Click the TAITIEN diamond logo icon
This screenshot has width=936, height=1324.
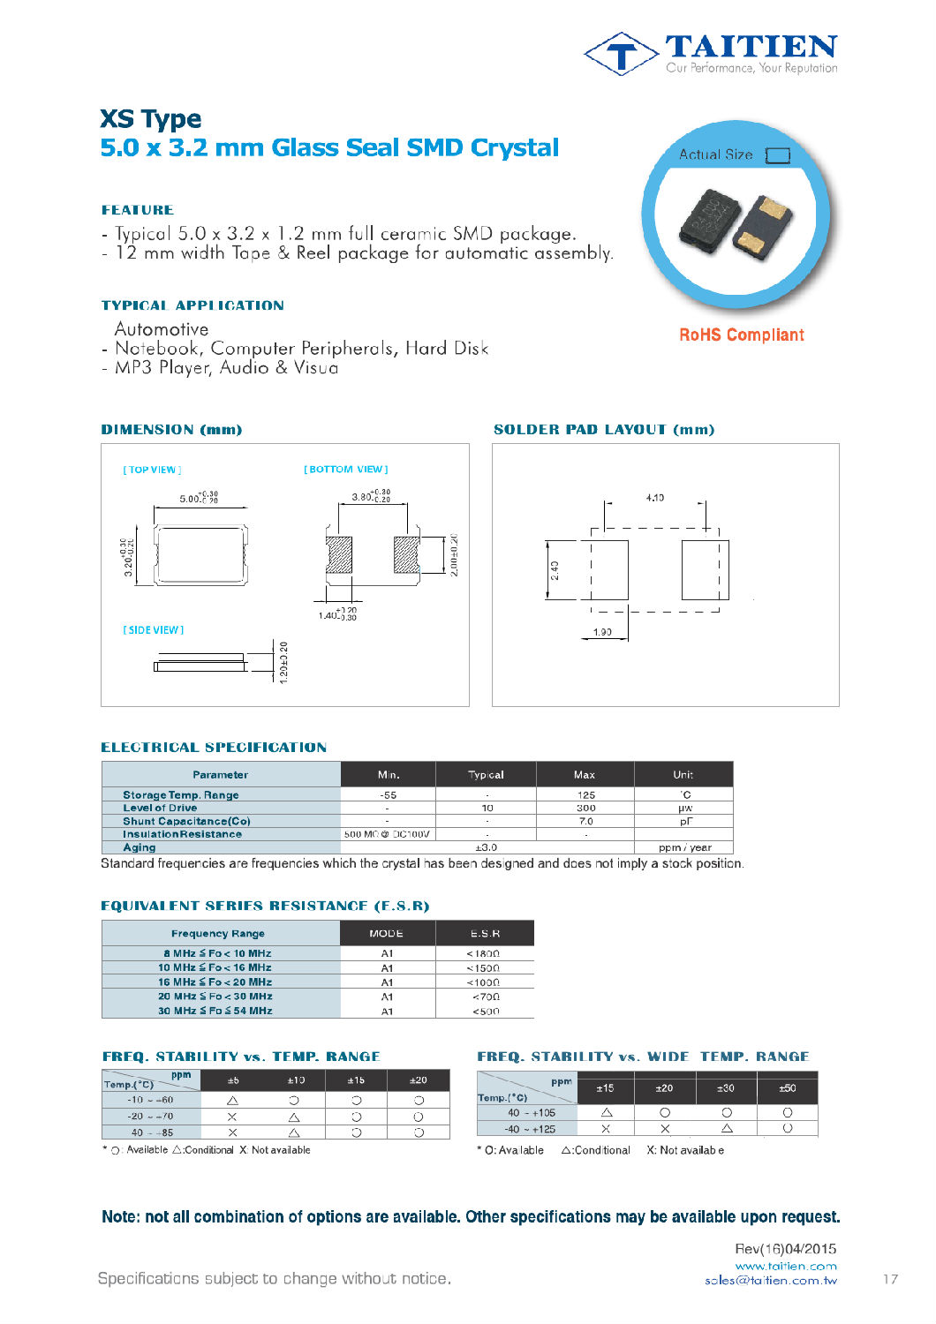click(x=622, y=55)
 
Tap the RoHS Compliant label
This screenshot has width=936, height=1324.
click(x=741, y=335)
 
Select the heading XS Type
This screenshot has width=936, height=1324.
click(x=150, y=119)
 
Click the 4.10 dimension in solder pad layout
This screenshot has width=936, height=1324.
click(x=654, y=498)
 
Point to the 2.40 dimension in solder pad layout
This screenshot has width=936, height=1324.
click(x=555, y=570)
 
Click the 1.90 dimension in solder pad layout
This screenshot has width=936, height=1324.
click(x=602, y=632)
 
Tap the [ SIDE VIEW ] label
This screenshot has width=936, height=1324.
click(x=153, y=630)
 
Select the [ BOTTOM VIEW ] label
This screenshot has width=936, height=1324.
click(x=346, y=470)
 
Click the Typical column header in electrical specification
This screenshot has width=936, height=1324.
click(x=486, y=775)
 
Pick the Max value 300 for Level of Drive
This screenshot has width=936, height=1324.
click(x=585, y=808)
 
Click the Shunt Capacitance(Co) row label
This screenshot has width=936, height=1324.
click(x=186, y=821)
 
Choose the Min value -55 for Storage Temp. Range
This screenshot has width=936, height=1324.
click(x=388, y=795)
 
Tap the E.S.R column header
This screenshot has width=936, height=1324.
click(x=485, y=934)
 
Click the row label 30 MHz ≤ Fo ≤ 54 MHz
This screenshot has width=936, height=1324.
click(x=215, y=1011)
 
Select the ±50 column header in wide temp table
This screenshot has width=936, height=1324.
click(x=787, y=1088)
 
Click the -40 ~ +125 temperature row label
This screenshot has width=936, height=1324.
click(x=530, y=1129)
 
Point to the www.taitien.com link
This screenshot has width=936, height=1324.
click(x=785, y=1266)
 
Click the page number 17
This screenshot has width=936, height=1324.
click(x=890, y=1279)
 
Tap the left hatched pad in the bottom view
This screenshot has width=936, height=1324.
click(x=339, y=554)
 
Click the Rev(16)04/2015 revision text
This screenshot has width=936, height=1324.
click(x=785, y=1249)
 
